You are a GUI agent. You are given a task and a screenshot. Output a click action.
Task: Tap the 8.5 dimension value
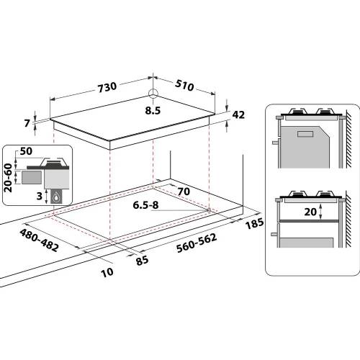[153, 112]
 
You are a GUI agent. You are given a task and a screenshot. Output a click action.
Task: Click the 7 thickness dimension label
[27, 123]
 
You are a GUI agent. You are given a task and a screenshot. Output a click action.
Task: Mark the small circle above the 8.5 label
[152, 94]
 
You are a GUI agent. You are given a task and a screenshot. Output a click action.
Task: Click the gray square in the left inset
[30, 175]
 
